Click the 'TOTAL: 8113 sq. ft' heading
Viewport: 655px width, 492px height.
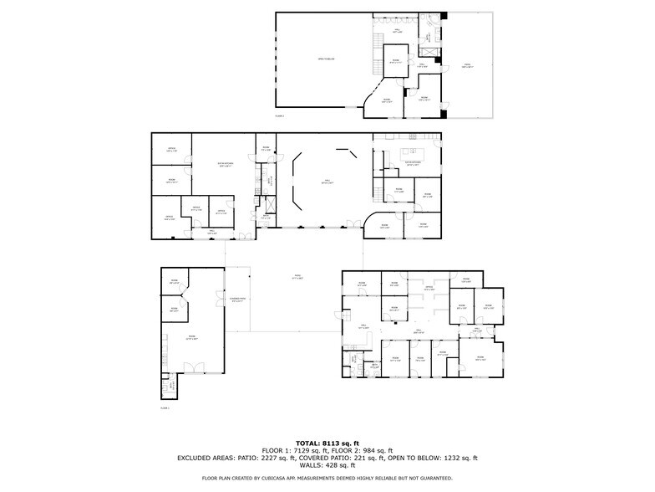coord(327,443)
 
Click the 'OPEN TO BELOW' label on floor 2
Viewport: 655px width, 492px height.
coord(325,59)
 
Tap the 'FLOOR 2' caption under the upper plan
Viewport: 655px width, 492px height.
coord(280,115)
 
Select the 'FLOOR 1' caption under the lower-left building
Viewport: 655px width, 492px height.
coord(165,407)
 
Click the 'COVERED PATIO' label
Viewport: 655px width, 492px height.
coord(237,299)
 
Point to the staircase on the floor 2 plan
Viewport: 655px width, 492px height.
coord(378,38)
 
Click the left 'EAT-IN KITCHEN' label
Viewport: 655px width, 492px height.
coord(224,165)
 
